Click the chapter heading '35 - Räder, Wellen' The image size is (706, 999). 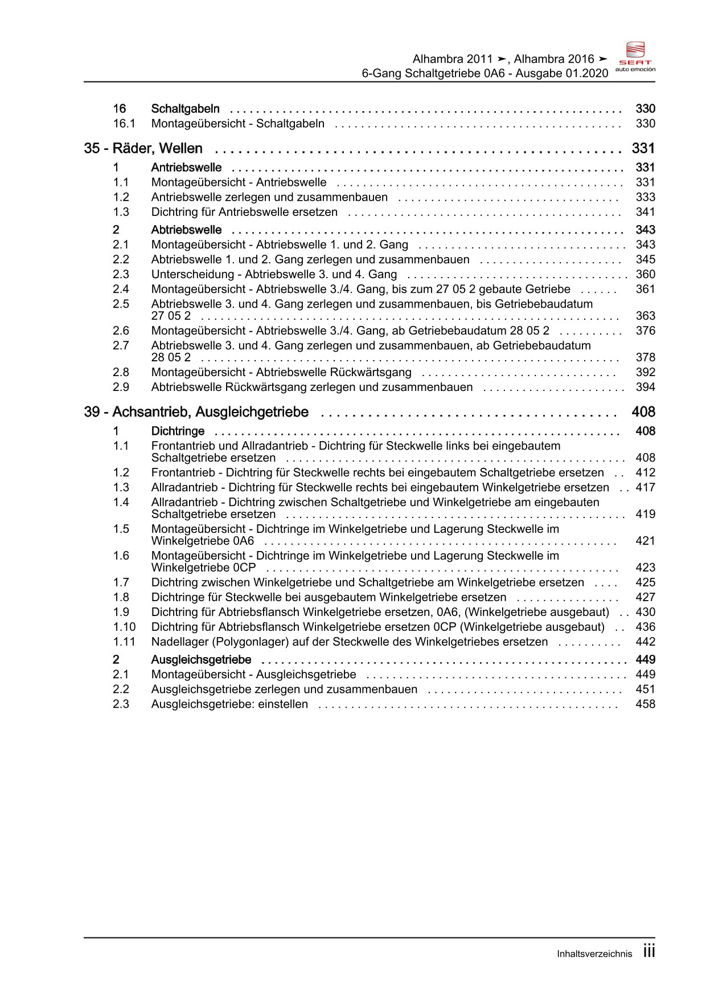(x=143, y=149)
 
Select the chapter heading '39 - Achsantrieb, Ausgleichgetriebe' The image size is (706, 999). (x=196, y=412)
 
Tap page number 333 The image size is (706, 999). (x=645, y=197)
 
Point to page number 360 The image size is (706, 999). (x=645, y=274)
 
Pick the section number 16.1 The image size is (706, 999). (x=124, y=124)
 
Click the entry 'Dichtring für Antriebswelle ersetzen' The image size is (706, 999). (x=244, y=212)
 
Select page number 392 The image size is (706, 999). (x=645, y=372)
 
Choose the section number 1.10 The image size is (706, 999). (x=124, y=627)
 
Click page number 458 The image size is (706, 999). (x=645, y=704)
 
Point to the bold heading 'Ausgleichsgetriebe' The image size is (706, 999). (x=201, y=659)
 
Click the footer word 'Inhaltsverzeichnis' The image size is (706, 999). (x=594, y=954)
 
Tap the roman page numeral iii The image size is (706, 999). (x=649, y=951)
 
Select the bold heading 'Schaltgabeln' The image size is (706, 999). (x=185, y=109)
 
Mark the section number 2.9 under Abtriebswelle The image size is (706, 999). (x=121, y=387)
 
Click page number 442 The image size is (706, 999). (x=645, y=642)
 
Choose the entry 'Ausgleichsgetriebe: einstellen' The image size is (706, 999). (x=229, y=704)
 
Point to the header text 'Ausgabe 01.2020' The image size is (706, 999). (x=562, y=74)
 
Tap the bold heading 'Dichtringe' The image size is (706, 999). (x=178, y=431)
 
